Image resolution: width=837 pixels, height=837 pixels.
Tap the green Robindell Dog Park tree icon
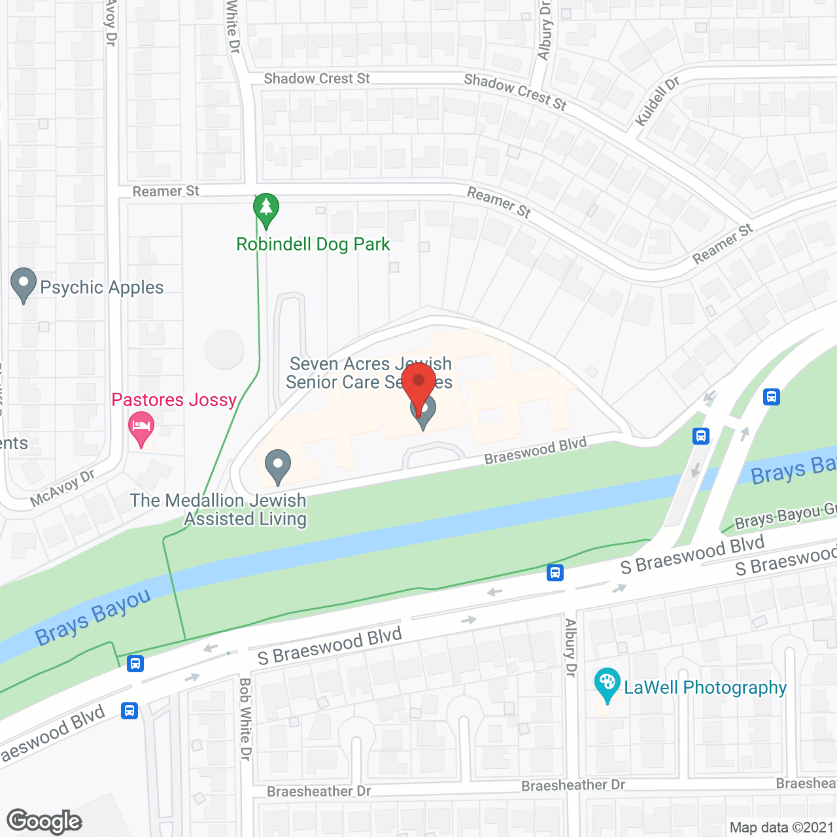coord(265,209)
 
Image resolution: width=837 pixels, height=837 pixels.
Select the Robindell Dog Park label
coord(313,245)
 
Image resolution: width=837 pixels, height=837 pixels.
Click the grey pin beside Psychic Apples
coord(24,285)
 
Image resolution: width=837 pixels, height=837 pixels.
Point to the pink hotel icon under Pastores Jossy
coord(141,429)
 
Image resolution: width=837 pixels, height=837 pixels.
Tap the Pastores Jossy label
coord(174,400)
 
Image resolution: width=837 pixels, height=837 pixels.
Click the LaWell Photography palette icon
coord(607,684)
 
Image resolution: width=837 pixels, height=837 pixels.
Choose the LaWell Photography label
coord(705,687)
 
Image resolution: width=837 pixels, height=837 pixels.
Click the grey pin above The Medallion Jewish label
coord(278,466)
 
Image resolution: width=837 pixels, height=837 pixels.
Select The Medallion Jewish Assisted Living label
coord(218,509)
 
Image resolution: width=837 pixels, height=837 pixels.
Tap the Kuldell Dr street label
coord(657,101)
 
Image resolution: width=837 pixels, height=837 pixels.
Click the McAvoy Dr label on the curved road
coord(62,488)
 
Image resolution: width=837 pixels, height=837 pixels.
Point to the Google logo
coord(44,821)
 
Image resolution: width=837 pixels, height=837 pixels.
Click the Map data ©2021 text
coord(781,827)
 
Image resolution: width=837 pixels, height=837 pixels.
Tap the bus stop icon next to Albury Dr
coord(555,573)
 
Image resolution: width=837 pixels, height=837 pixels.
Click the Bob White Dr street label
coord(245,719)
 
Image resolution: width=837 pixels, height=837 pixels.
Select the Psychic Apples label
coord(101,287)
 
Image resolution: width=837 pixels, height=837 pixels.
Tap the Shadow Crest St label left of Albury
coord(316,78)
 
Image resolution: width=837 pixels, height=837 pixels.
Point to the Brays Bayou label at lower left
coord(93,617)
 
